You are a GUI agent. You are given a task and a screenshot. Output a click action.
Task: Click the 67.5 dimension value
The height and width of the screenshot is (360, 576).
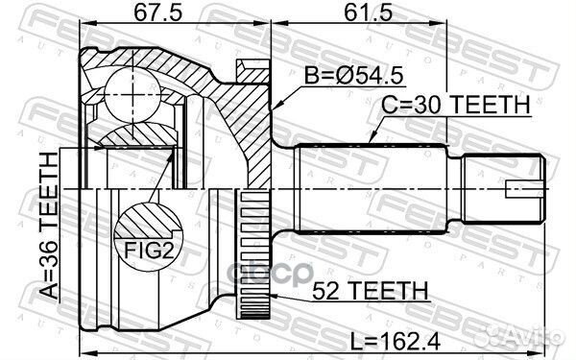[157, 13]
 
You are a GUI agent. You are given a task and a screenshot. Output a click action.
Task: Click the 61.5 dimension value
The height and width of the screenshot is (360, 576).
[369, 13]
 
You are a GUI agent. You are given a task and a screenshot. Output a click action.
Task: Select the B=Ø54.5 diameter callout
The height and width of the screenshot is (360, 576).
[353, 76]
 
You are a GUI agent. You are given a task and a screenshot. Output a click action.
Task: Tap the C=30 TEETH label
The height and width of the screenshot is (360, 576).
[456, 105]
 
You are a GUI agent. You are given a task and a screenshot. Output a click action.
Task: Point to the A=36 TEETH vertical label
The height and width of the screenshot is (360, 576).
[49, 226]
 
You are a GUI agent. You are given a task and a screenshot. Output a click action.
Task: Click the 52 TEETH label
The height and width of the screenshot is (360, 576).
[371, 291]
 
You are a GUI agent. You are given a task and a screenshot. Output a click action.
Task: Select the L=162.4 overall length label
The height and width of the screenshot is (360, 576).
[396, 342]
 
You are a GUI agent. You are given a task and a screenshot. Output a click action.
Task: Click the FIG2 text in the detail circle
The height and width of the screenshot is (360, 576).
[149, 251]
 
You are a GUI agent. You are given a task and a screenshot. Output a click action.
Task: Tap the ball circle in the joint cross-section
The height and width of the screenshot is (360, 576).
[132, 94]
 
